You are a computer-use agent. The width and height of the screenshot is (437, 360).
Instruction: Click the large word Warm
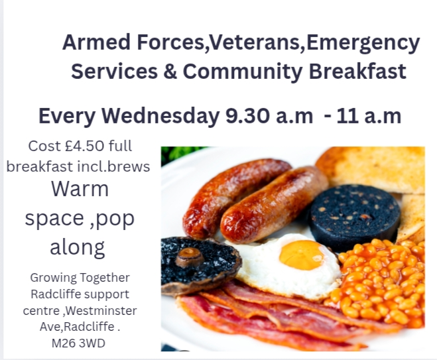80,189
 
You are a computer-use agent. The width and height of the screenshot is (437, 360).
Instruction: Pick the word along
77,247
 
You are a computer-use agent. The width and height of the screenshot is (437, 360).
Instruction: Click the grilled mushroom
199,263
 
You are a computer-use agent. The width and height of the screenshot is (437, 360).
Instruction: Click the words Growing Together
80,278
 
